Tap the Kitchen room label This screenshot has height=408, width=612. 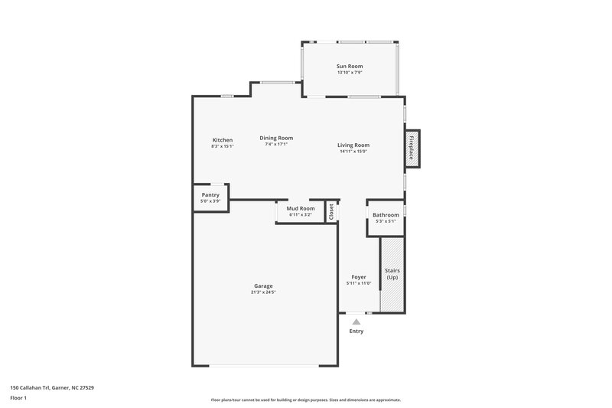coord(223,140)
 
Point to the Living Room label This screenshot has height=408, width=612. coord(354,145)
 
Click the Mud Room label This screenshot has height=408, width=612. coord(301,208)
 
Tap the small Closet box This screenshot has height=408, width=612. coord(331,212)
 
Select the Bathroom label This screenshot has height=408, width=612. coord(386,215)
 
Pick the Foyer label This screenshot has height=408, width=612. coord(359,277)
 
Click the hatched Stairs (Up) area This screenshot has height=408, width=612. coord(392,274)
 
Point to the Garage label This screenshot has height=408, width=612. coord(264,286)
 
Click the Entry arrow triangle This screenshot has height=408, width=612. coord(356,322)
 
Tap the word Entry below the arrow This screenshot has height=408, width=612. coord(356,331)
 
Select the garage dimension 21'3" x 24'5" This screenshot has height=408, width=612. coord(264,292)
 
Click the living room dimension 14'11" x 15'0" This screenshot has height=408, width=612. coord(354,151)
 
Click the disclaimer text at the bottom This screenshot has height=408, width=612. coord(306,400)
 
